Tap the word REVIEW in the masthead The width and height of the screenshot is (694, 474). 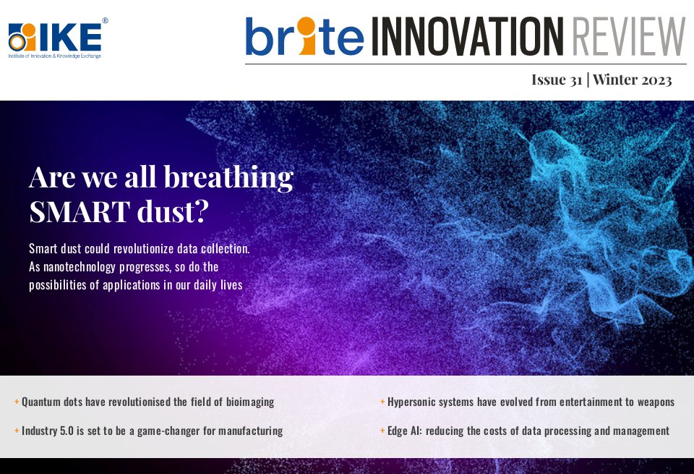(627, 37)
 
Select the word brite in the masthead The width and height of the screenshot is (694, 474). (304, 37)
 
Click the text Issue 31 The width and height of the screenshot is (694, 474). (557, 80)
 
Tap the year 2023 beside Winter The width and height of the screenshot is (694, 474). (652, 80)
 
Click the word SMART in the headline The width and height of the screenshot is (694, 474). (75, 211)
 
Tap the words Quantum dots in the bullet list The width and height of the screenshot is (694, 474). (53, 402)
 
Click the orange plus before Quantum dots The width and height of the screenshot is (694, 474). (17, 402)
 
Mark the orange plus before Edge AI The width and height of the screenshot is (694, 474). (382, 431)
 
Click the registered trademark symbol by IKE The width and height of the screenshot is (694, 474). (105, 21)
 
